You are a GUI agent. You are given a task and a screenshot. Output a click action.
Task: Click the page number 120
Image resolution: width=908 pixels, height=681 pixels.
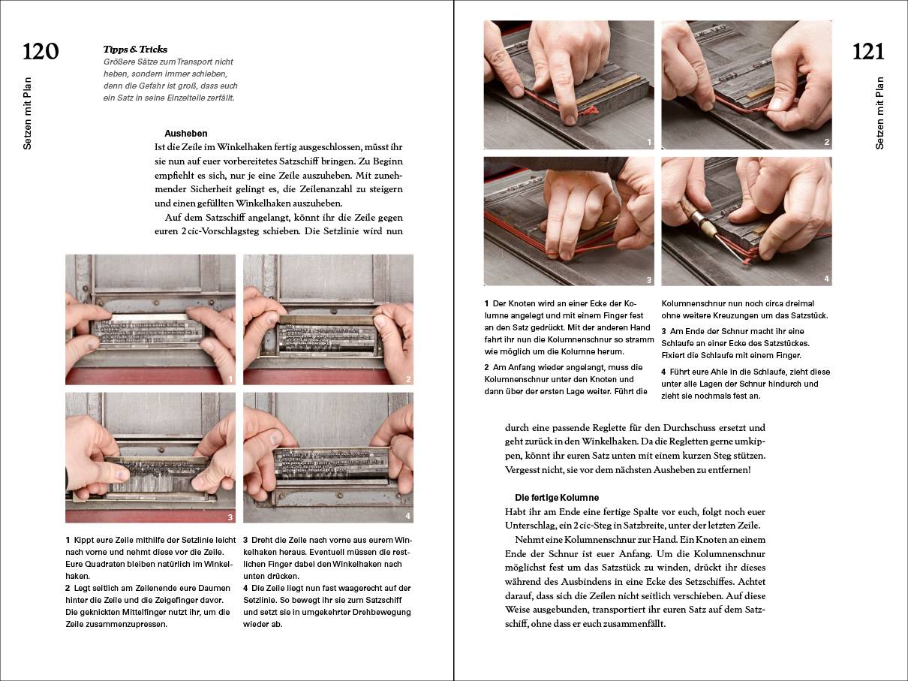(41, 52)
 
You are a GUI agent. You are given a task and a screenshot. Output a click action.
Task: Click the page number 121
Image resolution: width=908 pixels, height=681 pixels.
(868, 52)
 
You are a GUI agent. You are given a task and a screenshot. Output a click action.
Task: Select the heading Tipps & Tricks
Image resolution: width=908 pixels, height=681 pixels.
(135, 50)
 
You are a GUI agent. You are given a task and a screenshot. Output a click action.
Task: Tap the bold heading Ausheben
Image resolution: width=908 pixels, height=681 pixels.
(185, 133)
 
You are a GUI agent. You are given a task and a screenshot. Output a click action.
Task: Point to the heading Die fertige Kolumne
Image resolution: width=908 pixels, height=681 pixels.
(556, 497)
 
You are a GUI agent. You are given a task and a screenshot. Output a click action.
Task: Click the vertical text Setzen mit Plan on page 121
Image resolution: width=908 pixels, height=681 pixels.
(880, 113)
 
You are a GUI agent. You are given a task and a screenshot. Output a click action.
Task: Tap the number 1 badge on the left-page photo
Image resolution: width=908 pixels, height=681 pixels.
(230, 379)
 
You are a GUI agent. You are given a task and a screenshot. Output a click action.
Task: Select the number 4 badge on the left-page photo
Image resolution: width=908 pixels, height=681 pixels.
(408, 517)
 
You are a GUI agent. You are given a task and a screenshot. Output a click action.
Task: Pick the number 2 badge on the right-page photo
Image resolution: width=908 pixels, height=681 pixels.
(826, 142)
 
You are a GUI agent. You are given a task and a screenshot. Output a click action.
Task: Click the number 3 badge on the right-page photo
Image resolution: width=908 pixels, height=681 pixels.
(648, 280)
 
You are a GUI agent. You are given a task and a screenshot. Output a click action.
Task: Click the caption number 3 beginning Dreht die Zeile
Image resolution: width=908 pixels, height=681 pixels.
(245, 540)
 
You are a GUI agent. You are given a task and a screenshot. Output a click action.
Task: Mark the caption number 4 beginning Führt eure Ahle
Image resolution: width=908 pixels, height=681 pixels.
(663, 372)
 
